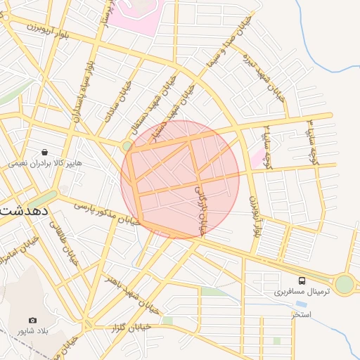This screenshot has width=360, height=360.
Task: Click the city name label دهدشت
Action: (x=24, y=210)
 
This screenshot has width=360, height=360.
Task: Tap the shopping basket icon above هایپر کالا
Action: (x=45, y=151)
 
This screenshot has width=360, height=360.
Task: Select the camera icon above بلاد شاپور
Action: (x=32, y=320)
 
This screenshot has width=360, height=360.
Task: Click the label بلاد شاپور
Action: (x=32, y=330)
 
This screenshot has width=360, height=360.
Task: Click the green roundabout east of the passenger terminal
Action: (x=344, y=283)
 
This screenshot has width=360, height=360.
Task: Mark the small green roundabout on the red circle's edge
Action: (x=127, y=146)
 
